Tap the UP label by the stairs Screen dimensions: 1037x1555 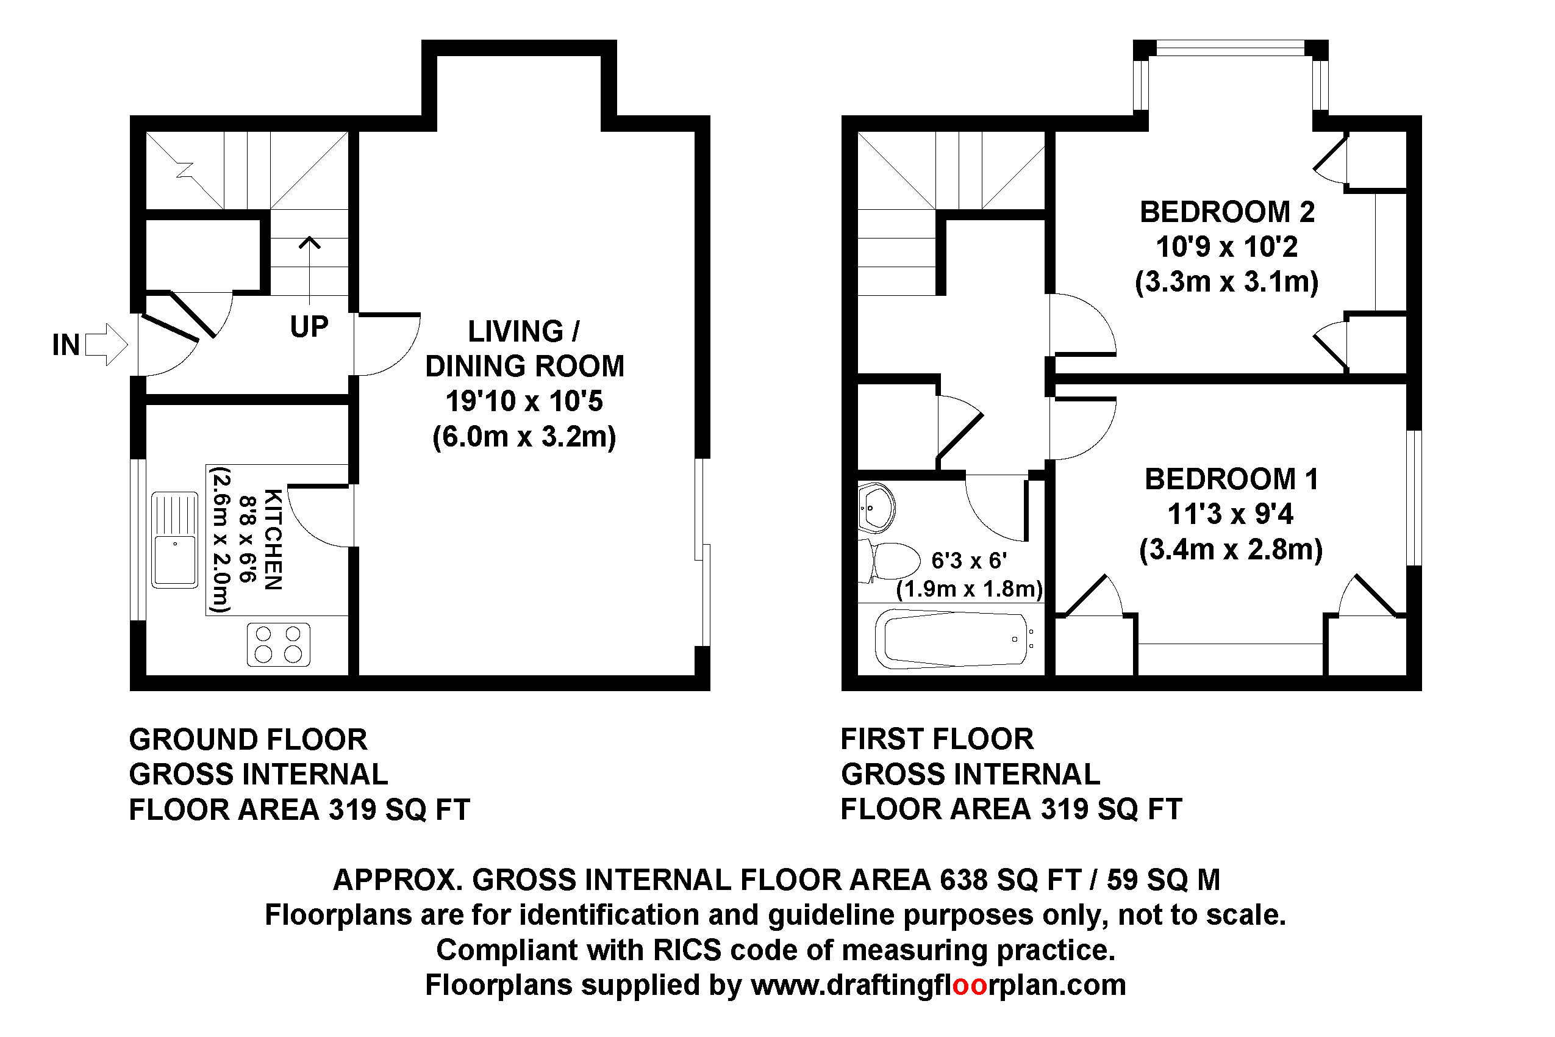(309, 327)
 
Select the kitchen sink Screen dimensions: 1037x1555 (174, 540)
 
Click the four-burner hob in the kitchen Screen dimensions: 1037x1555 (278, 644)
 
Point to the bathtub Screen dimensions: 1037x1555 (952, 639)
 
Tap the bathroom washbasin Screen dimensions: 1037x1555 (876, 508)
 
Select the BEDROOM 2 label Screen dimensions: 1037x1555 (1226, 212)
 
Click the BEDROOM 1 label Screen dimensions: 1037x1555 (1231, 479)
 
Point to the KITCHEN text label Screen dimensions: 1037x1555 (273, 539)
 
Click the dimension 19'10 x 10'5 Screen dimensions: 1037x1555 (524, 401)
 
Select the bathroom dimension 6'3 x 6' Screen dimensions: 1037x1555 (968, 561)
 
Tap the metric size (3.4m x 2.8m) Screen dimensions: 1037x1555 (1231, 550)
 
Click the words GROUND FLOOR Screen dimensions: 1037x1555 (248, 739)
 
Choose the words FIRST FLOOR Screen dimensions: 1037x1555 (937, 739)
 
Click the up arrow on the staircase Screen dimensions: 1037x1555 (309, 265)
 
